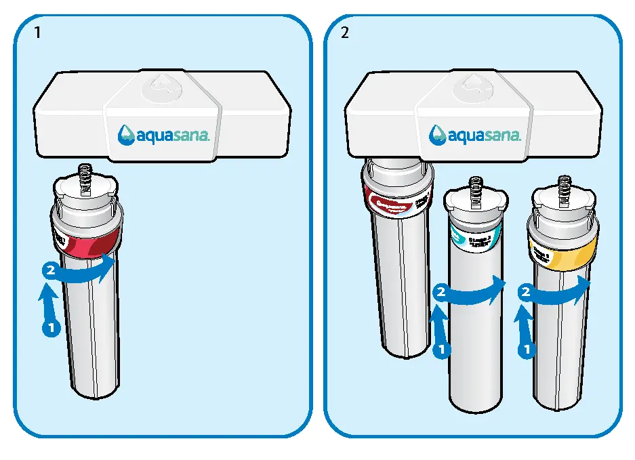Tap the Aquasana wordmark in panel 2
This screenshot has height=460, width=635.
474,134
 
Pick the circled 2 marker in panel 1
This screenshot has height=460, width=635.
49,270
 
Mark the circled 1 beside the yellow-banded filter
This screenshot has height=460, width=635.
525,350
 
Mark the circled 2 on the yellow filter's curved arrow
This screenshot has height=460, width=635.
525,293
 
